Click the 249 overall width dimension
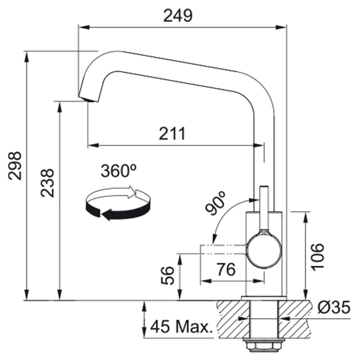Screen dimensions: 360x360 178,16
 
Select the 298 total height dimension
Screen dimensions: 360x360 15,165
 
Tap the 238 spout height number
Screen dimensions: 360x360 47,183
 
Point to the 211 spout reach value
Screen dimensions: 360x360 172,133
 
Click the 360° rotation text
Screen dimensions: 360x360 119,171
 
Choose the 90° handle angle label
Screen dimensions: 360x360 216,203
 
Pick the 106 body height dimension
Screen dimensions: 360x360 317,256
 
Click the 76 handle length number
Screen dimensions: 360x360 226,269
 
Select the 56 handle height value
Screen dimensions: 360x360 167,275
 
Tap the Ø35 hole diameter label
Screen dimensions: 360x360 334,307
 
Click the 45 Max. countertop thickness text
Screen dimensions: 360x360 181,327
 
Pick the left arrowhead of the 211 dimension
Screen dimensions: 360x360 93,145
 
